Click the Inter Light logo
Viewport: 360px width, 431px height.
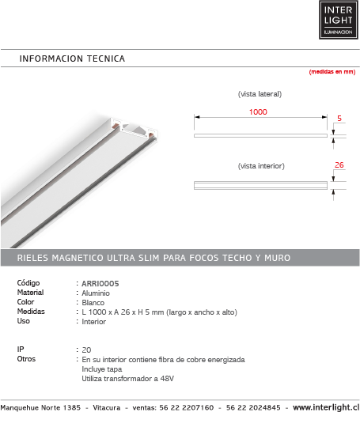[x=335, y=20]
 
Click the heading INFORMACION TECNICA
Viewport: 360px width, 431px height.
[x=72, y=59]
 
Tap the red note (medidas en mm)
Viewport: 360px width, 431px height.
[x=332, y=72]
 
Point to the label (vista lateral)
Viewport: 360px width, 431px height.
[x=260, y=94]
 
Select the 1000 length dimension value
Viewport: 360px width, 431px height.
[x=258, y=112]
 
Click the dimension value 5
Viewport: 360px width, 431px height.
[x=339, y=119]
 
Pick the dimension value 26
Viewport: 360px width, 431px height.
[x=339, y=166]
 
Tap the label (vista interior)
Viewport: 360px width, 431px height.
[x=260, y=166]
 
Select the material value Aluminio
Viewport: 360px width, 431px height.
[x=97, y=293]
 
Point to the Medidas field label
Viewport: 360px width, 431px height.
[x=32, y=312]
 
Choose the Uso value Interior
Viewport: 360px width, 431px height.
[x=94, y=322]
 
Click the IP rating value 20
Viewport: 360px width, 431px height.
[x=86, y=350]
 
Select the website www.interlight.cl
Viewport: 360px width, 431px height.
[x=325, y=408]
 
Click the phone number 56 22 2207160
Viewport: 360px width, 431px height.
[x=185, y=408]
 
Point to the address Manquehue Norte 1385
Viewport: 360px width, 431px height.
[x=40, y=408]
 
